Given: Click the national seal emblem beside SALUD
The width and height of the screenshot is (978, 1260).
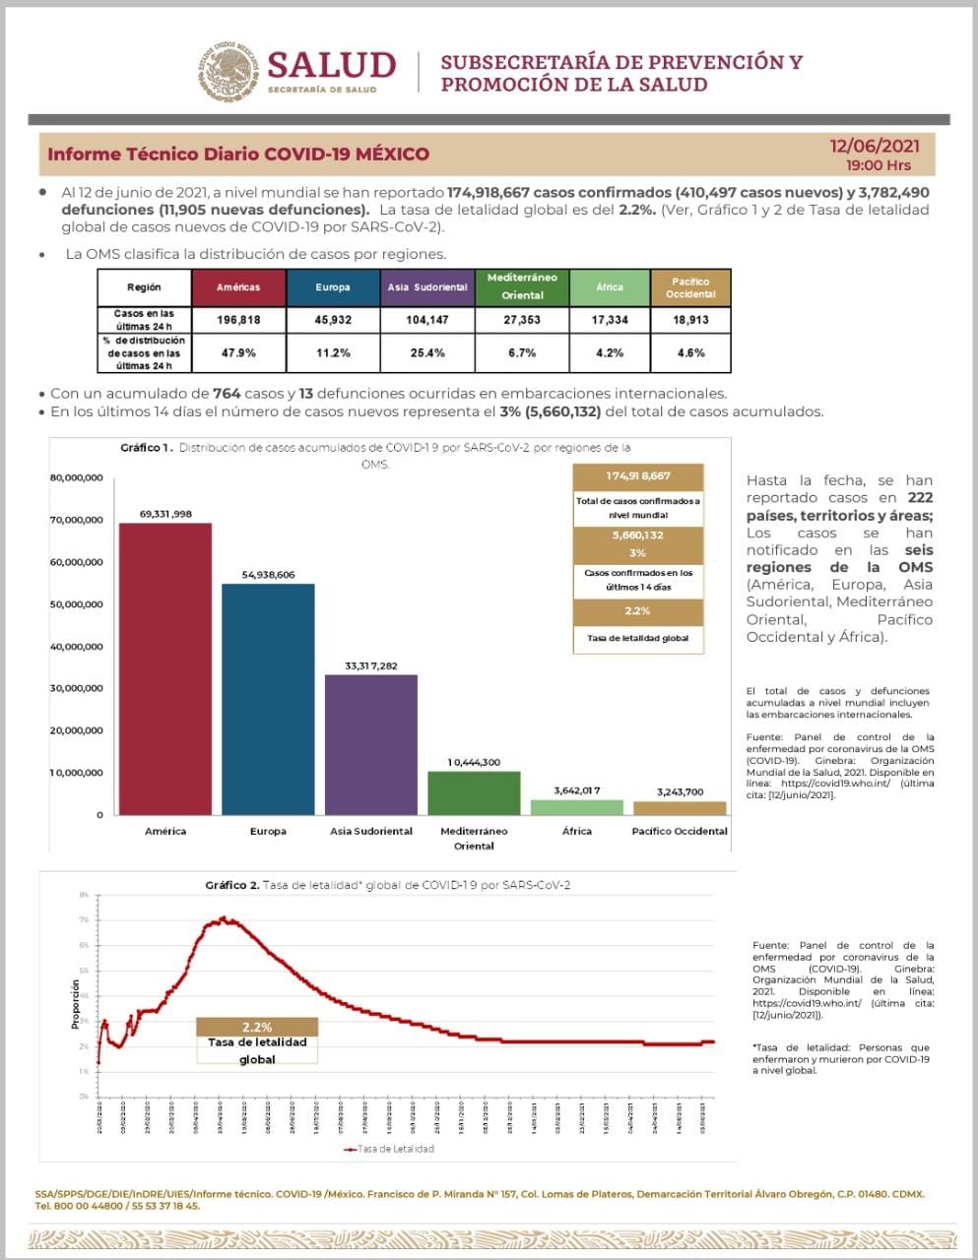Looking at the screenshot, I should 229,71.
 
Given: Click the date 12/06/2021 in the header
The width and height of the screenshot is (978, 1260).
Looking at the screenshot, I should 875,146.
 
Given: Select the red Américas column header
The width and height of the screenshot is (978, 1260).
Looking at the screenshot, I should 238,287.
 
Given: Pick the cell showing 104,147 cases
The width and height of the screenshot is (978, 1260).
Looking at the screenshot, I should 426,320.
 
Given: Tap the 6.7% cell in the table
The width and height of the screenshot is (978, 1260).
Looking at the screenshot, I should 522,352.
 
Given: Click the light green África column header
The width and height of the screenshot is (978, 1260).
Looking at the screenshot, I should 610,287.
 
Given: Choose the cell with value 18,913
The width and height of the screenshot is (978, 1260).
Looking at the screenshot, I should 690,320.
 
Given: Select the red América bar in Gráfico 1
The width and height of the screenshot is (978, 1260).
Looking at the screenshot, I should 165,669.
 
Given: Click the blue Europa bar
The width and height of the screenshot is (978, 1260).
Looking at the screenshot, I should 268,699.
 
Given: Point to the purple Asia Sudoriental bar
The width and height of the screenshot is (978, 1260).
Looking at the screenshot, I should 371,744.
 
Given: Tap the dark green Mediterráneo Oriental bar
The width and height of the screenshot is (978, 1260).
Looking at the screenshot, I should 474,792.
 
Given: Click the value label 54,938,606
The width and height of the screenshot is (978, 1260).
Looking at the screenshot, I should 268,575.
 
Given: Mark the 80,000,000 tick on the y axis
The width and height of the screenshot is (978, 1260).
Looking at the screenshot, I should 76,478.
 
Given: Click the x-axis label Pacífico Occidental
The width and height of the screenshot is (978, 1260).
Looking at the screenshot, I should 680,832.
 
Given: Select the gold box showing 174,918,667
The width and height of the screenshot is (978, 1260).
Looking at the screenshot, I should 638,476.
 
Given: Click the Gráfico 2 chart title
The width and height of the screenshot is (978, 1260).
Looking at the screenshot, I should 387,885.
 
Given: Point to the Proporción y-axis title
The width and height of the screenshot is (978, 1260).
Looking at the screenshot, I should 76,1004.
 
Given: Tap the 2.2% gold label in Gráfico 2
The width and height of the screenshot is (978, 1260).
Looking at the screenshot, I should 257,1027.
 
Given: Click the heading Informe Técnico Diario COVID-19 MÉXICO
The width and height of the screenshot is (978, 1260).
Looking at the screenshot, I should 238,155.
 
